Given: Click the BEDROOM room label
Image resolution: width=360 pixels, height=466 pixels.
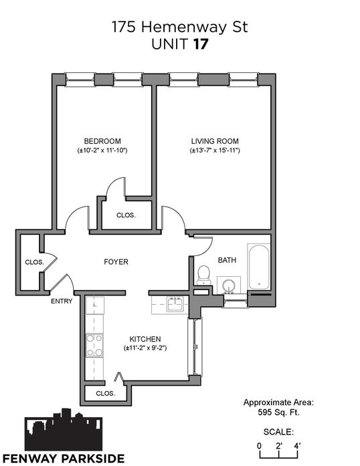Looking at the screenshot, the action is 102,141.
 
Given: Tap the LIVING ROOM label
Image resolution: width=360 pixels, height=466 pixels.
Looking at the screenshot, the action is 215,141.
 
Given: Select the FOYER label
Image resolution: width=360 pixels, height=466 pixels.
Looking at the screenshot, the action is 116,262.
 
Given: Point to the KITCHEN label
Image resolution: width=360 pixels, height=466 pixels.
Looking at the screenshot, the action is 145,339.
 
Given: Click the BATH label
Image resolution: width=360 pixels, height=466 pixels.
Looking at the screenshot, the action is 227,260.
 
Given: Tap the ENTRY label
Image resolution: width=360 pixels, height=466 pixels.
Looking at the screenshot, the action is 62,301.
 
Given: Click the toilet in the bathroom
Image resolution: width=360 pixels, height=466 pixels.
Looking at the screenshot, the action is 204,275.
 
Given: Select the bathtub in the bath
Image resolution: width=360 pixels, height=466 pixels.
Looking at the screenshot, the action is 259,267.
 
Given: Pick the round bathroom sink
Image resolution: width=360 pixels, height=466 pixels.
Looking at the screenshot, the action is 229,285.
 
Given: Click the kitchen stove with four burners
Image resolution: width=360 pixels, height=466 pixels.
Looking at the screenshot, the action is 94,345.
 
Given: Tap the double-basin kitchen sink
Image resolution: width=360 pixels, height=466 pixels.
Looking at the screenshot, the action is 175,304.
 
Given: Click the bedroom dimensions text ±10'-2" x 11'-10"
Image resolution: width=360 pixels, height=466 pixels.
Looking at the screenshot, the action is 102,150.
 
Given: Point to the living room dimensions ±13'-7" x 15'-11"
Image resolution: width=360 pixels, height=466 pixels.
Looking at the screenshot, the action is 215,150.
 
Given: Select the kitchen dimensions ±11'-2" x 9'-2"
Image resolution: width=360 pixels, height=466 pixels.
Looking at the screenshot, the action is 145,348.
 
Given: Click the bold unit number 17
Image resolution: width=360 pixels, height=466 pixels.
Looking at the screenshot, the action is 201,44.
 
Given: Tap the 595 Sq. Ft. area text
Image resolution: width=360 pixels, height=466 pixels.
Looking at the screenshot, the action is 278,413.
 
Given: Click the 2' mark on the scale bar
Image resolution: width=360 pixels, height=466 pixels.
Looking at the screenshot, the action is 279,446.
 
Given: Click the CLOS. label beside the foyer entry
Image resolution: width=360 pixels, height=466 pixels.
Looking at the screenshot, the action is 35,263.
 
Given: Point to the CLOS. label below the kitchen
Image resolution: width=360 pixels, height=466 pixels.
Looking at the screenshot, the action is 105,394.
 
